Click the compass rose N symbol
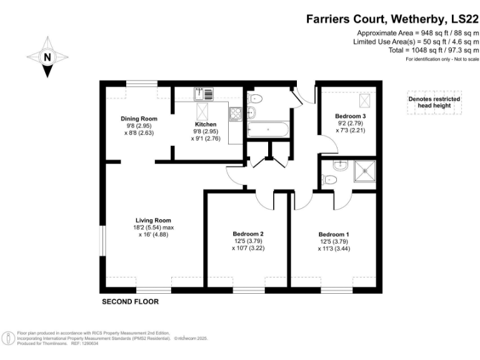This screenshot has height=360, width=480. tap(47, 57)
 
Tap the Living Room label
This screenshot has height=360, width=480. tap(154, 220)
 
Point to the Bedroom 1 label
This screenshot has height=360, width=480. tap(334, 234)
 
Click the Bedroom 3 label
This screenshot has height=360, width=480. tap(350, 116)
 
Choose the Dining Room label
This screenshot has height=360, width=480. tap(139, 118)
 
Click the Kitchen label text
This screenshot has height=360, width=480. tap(206, 124)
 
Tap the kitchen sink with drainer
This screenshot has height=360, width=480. tap(204, 94)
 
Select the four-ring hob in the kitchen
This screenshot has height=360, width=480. tap(236, 114)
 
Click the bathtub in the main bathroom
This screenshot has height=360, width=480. tap(268, 131)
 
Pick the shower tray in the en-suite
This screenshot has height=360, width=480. tap(363, 169)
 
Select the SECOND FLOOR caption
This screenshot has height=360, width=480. tap(130, 302)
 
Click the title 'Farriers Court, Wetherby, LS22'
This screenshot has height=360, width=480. tap(392, 19)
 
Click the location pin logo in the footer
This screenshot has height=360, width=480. tap(9, 338)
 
